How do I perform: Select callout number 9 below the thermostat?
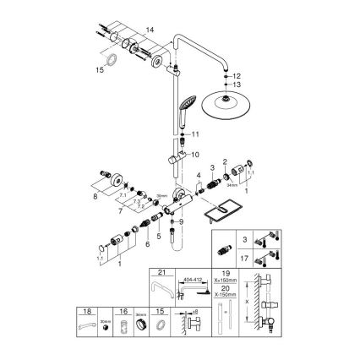coord(182,221)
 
